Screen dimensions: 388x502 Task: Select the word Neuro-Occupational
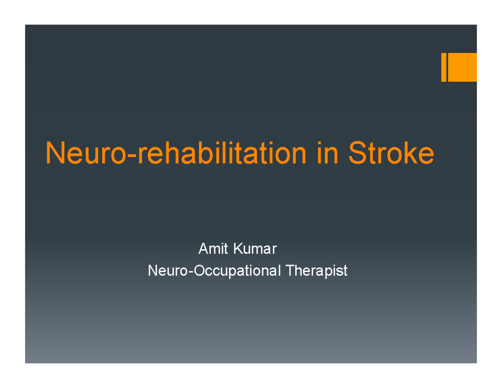[215, 271]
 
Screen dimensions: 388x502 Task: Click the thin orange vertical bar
[444, 67]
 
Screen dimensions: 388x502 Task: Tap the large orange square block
[463, 67]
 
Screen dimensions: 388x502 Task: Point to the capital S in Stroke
[356, 153]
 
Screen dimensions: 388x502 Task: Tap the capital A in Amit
[203, 250]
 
